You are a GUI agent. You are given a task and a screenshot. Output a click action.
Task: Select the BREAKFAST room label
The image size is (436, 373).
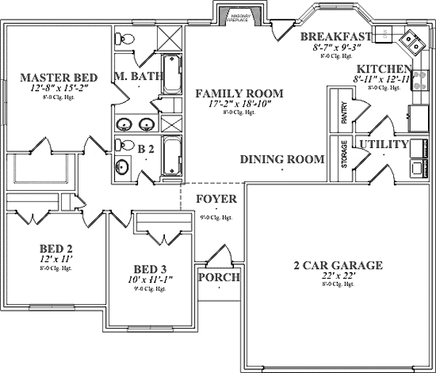coord(336,36)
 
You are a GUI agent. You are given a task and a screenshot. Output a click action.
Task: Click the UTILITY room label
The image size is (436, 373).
coord(383,144)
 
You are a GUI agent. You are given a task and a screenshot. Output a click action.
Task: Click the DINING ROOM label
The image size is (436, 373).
coord(282,159)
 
